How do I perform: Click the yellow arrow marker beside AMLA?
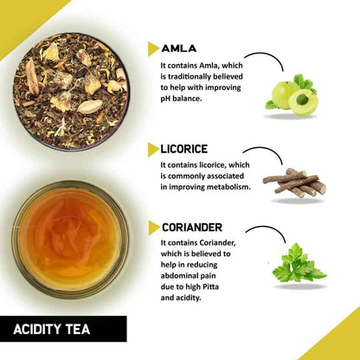(x=153, y=48)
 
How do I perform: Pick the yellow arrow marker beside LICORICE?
(x=153, y=149)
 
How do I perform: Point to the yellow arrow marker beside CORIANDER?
(x=153, y=228)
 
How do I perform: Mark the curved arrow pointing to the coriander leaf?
(x=265, y=232)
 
